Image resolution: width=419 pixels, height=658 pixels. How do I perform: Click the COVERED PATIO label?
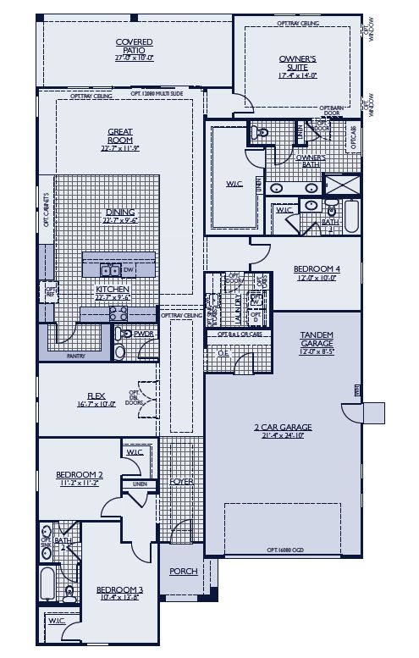pyautogui.click(x=134, y=44)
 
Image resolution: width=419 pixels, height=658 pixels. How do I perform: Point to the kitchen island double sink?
pyautogui.click(x=109, y=270)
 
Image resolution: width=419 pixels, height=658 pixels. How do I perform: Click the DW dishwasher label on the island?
pyautogui.click(x=129, y=270)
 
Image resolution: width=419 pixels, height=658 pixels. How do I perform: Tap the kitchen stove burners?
pyautogui.click(x=119, y=312)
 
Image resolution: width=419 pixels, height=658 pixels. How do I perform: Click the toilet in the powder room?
pyautogui.click(x=119, y=350)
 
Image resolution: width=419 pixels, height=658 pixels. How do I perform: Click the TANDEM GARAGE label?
pyautogui.click(x=316, y=338)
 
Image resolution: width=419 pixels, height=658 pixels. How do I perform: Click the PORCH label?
pyautogui.click(x=183, y=571)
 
